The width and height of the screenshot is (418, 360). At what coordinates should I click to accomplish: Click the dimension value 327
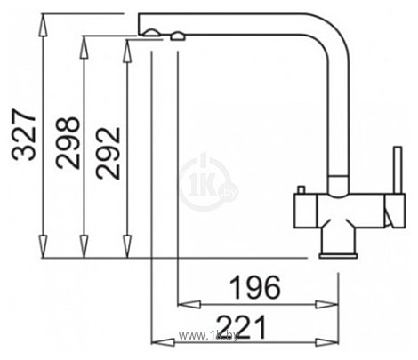pyautogui.click(x=24, y=135)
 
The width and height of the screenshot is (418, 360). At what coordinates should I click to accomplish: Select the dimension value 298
pyautogui.click(x=68, y=143)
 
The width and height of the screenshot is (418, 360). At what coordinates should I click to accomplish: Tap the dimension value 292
pyautogui.click(x=109, y=154)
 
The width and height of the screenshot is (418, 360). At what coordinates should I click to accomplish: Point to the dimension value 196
pyautogui.click(x=255, y=287)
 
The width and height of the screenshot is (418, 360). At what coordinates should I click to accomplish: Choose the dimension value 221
pyautogui.click(x=242, y=327)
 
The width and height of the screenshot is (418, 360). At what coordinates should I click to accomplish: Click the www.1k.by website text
pyautogui.click(x=208, y=336)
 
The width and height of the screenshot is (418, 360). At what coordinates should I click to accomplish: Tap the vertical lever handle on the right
pyautogui.click(x=398, y=171)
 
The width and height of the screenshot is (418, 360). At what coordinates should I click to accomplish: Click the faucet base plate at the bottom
pyautogui.click(x=338, y=256)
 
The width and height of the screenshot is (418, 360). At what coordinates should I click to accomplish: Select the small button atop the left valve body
pyautogui.click(x=301, y=190)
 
